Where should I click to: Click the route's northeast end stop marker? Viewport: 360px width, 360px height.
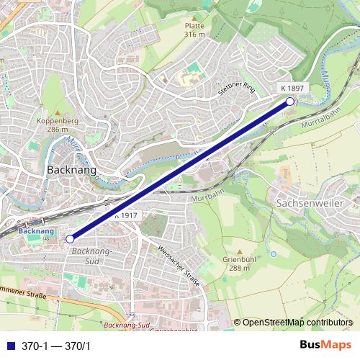click(x=290, y=102)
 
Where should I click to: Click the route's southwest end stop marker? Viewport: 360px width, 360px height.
click(x=70, y=238)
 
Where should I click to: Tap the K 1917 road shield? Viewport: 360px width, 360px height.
click(x=125, y=215)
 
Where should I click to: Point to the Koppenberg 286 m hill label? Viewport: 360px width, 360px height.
click(x=57, y=125)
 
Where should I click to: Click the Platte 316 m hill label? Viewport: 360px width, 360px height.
click(x=194, y=30)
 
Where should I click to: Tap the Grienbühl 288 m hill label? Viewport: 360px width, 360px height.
click(x=235, y=263)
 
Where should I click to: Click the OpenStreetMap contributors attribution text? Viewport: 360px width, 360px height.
click(x=297, y=322)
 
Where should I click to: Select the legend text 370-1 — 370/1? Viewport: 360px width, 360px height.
click(x=55, y=346)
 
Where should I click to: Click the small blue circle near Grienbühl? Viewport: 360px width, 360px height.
click(x=273, y=254)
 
